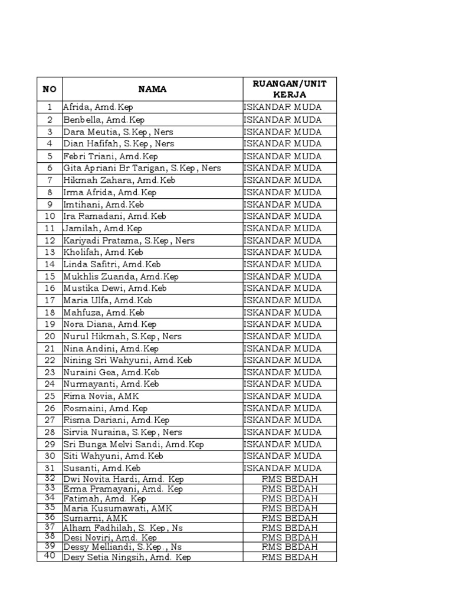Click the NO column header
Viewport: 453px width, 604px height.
(50, 90)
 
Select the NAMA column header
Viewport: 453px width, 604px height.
(152, 90)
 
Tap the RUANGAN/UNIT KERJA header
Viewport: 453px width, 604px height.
(290, 89)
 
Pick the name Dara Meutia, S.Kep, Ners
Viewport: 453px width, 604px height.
(118, 132)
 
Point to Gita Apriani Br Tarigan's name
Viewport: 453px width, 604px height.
(142, 168)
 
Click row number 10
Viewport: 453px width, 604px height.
(50, 216)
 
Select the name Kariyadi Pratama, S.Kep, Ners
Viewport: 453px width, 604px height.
(129, 241)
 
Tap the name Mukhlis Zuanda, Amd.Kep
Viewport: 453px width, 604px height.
(121, 276)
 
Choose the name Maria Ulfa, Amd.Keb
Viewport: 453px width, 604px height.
(108, 300)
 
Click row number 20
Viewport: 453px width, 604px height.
(50, 336)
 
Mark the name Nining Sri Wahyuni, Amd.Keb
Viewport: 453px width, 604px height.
(127, 360)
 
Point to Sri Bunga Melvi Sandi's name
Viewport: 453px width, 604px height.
(133, 444)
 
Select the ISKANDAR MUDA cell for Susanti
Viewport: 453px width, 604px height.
(283, 468)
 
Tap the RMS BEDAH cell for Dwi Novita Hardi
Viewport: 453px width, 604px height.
(290, 480)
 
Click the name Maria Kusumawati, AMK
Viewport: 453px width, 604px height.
(118, 508)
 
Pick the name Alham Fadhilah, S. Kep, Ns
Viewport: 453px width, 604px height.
(123, 528)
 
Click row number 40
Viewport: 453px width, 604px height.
(50, 556)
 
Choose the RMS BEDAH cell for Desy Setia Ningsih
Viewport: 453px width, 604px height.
(290, 557)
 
